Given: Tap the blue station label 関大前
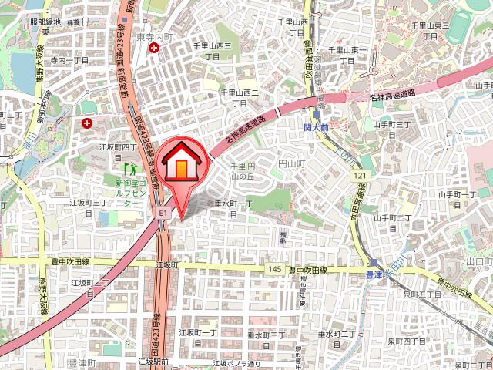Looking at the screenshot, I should point(316,125).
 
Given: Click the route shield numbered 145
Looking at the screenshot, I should point(275,268).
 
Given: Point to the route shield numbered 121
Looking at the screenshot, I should point(361,177).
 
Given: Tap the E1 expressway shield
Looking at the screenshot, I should point(163,210).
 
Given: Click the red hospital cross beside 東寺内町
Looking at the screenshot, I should point(155,49).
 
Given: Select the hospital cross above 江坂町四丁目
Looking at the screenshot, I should point(87,123).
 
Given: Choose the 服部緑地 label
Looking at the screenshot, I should point(45,22).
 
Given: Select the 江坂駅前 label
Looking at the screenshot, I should point(153,360).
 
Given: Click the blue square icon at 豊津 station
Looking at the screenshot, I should point(374,261).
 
